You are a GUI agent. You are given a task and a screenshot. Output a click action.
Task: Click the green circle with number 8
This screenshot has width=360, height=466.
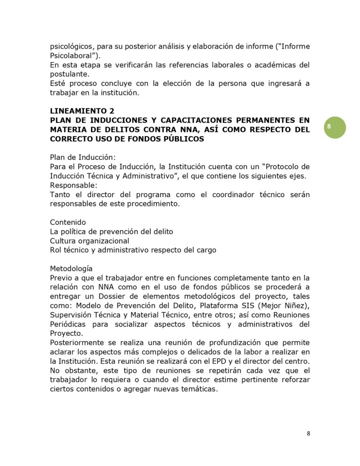tap(335, 127)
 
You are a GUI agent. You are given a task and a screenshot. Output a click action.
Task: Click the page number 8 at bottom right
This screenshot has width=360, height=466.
tap(308, 433)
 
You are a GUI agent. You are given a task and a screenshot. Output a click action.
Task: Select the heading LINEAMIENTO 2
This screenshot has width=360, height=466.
tap(82, 111)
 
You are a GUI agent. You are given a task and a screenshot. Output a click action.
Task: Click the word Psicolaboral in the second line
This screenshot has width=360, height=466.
tap(73, 56)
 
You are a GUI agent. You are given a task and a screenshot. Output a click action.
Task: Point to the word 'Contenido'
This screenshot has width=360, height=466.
tap(68, 222)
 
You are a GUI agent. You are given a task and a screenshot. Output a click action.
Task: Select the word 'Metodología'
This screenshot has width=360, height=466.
tap(71, 268)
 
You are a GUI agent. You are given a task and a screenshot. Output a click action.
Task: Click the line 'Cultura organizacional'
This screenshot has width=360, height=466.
tap(90, 241)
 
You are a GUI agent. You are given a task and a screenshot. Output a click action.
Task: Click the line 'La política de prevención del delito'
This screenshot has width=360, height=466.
tap(112, 232)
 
